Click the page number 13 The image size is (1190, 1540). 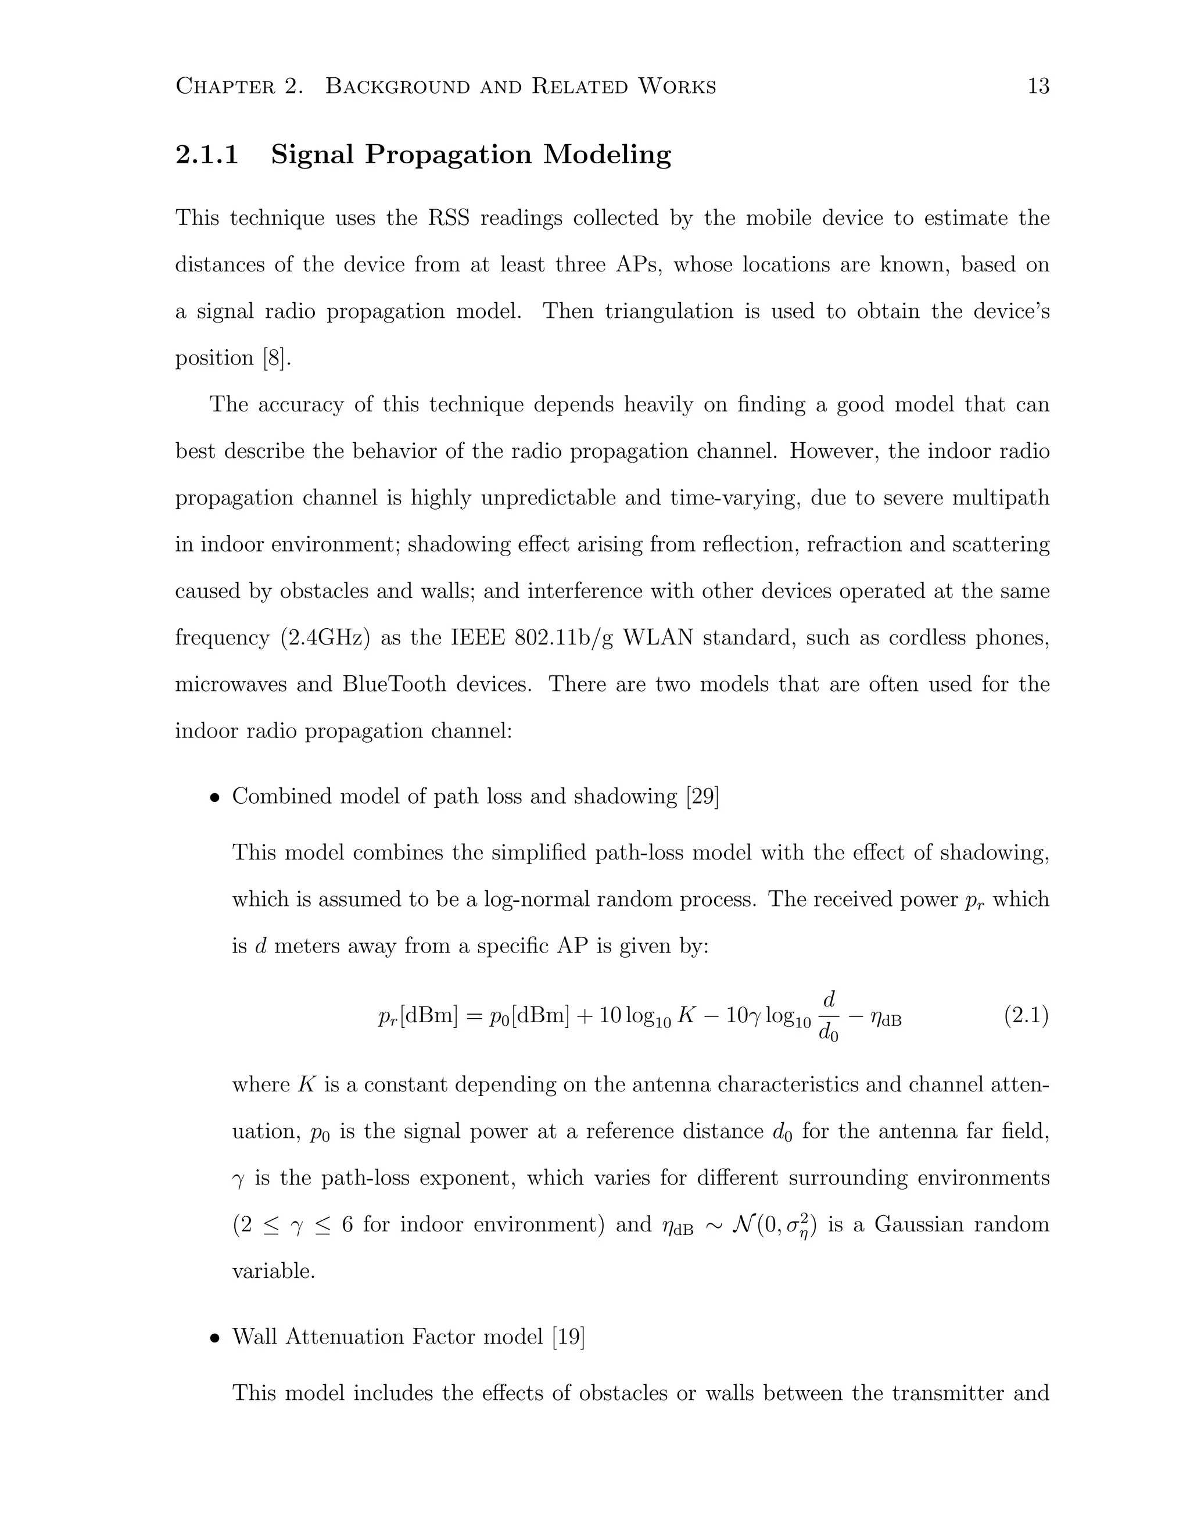coord(1038,87)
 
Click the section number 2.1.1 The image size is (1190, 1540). coord(206,155)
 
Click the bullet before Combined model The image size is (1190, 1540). coord(214,797)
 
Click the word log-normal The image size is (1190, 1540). coord(535,900)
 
